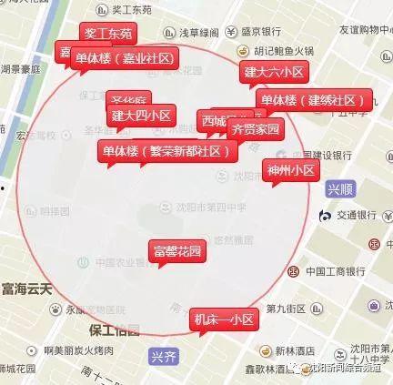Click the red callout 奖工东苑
pyautogui.click(x=108, y=34)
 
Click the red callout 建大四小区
pyautogui.click(x=141, y=116)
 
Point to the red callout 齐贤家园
pyautogui.click(x=256, y=129)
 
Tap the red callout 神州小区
pyautogui.click(x=290, y=170)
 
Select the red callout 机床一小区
pyautogui.click(x=224, y=319)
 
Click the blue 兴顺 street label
pyautogui.click(x=339, y=190)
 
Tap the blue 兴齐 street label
pyautogui.click(x=165, y=355)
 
